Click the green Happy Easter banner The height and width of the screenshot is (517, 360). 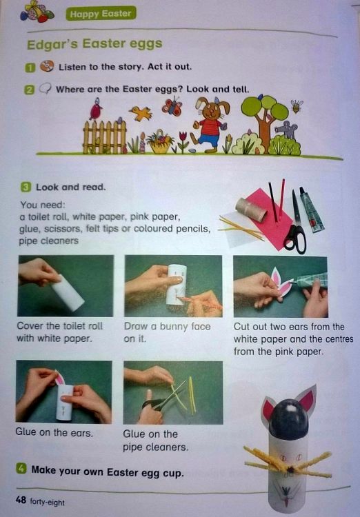coord(101,14)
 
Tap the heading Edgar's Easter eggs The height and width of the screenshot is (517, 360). coord(94,44)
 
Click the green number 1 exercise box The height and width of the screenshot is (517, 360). coord(30,68)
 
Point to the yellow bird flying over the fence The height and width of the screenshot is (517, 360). coord(141,113)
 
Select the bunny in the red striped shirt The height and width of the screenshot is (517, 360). coord(210,124)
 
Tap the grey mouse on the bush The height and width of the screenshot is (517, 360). coord(286,130)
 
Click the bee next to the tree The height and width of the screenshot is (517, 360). coord(297,106)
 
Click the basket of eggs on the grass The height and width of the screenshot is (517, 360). coord(160,142)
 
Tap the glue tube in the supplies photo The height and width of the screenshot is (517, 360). coord(311,210)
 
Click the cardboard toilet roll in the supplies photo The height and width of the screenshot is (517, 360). coord(251,210)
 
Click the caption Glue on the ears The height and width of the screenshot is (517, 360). coord(54,432)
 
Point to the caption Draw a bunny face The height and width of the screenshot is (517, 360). coord(168,327)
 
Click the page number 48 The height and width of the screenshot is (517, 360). coord(21,500)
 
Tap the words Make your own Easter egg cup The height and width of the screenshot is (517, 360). coord(107,472)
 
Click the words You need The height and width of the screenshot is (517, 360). coord(43,205)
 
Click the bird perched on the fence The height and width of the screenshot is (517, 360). coord(96,109)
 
